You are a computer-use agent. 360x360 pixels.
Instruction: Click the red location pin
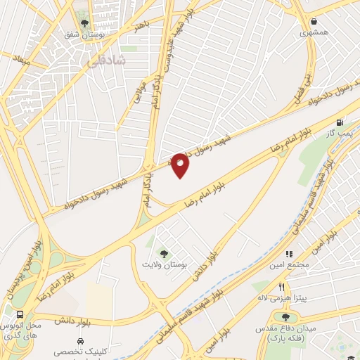point(180,165)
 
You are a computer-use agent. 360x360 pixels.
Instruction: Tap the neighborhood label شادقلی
point(106,61)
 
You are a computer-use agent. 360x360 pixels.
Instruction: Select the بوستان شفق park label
point(85,34)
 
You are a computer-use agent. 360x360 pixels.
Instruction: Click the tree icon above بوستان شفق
point(84,23)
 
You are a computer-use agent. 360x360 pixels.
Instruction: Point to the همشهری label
point(314,32)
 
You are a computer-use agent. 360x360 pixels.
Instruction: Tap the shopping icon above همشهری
point(314,21)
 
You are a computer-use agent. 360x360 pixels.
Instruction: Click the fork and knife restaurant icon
point(282,287)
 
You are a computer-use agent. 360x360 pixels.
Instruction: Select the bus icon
point(19,315)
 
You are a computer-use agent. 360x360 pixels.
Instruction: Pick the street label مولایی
point(139,91)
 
